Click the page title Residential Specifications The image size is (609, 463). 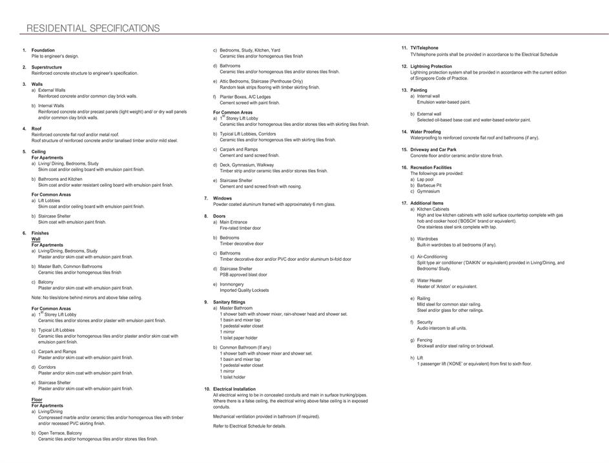click(92, 28)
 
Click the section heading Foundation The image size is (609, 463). click(43, 50)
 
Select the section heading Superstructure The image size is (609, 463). click(46, 67)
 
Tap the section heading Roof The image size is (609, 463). click(37, 128)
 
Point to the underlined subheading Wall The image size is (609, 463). click(36, 239)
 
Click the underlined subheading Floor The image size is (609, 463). click(37, 400)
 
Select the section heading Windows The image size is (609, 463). click(222, 198)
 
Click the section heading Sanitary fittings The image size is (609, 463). click(229, 302)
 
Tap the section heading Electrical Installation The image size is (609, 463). click(234, 389)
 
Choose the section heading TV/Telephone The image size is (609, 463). click(424, 48)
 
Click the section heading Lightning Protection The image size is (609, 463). click(431, 66)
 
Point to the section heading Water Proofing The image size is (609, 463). click(426, 132)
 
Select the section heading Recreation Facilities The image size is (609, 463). click(431, 167)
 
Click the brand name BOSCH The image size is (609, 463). click(476, 221)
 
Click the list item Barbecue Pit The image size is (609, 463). click(429, 185)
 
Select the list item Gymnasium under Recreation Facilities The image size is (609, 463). click(428, 191)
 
